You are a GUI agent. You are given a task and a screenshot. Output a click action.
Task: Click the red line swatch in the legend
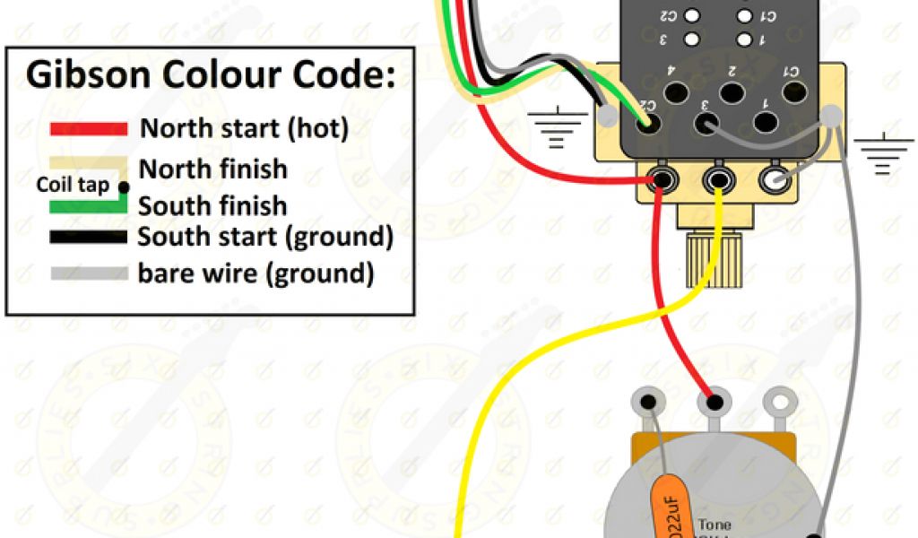coord(88,129)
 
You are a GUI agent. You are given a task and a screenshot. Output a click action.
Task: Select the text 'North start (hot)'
coord(243,128)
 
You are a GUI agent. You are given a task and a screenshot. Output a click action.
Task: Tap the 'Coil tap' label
coord(73,186)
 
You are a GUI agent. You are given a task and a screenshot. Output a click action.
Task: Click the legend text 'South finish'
coord(212,206)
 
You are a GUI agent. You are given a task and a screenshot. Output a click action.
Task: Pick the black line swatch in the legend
coord(88,238)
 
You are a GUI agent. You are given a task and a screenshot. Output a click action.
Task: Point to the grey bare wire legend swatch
coord(88,273)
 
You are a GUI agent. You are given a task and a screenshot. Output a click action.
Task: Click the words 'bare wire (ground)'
coord(255,273)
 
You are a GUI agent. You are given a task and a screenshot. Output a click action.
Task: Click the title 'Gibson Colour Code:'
coord(210,75)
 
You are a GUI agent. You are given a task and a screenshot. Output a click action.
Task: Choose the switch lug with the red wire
coord(663,179)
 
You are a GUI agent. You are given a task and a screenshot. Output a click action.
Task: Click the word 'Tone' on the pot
coord(714,525)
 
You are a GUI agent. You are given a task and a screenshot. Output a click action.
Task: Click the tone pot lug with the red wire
coord(714,401)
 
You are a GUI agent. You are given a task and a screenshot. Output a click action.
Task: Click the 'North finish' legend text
coord(213,169)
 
